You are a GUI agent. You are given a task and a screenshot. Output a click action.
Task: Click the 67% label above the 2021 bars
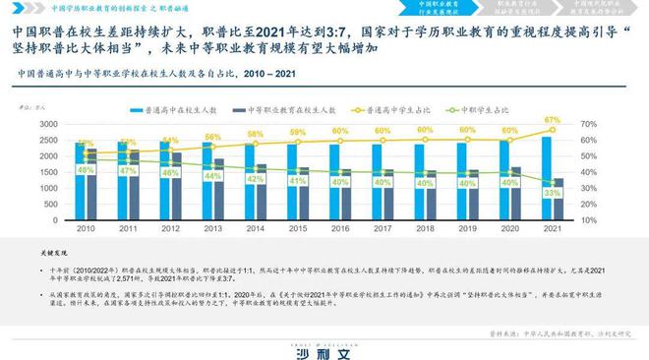click(553, 119)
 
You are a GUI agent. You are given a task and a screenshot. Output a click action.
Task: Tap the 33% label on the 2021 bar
click(553, 193)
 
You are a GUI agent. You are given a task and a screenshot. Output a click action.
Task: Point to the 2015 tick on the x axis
click(298, 228)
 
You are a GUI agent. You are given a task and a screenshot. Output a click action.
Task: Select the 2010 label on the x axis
click(86, 228)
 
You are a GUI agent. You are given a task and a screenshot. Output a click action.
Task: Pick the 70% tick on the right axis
click(588, 124)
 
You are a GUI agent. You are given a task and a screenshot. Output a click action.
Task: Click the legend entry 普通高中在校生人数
click(187, 109)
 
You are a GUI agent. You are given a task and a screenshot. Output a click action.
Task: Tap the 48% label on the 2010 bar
click(86, 170)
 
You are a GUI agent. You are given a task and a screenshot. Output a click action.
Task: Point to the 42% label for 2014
click(256, 180)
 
